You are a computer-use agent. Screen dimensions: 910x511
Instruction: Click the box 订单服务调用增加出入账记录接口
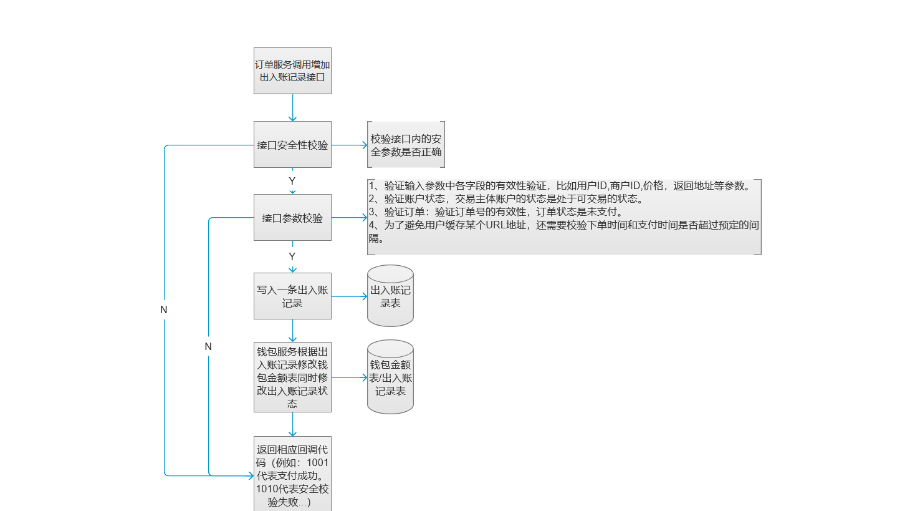(292, 71)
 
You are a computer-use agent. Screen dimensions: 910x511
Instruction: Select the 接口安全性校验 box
(292, 144)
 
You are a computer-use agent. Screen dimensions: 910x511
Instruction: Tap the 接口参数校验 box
(292, 218)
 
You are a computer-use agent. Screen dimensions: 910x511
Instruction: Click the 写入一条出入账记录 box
(292, 296)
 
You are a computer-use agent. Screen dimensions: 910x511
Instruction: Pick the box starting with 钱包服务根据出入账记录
(292, 377)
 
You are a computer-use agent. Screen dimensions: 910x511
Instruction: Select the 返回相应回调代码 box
(292, 474)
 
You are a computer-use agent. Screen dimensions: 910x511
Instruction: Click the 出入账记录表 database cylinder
(390, 296)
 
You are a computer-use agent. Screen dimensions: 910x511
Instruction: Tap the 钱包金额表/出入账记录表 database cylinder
(390, 377)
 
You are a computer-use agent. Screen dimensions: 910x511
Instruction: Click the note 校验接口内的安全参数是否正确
(406, 144)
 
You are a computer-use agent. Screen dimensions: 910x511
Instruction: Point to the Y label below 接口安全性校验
(292, 181)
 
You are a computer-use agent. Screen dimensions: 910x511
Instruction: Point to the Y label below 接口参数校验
(292, 256)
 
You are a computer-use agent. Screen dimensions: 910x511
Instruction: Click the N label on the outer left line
(164, 309)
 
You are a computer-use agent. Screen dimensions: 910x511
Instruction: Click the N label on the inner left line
(208, 346)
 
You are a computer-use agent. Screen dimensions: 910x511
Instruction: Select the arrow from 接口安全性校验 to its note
(350, 145)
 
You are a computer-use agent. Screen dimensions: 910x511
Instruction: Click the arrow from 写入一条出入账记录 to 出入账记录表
(350, 296)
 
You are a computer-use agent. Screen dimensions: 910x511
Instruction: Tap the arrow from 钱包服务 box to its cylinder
(350, 377)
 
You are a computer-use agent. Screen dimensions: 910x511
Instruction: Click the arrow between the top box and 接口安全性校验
(292, 108)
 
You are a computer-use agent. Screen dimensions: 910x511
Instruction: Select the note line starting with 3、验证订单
(496, 212)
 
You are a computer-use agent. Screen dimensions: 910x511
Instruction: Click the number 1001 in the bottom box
(317, 462)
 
